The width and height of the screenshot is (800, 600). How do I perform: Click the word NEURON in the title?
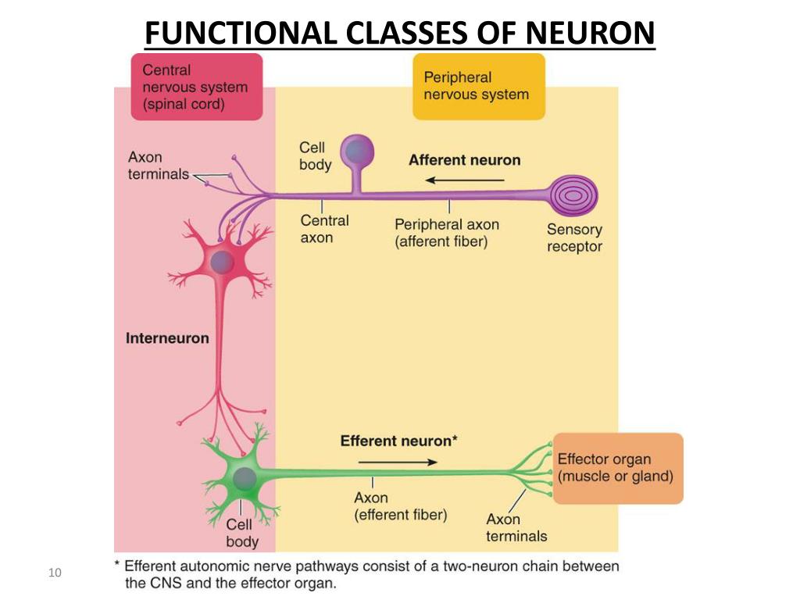(590, 33)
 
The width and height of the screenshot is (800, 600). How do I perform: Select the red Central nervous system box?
(197, 87)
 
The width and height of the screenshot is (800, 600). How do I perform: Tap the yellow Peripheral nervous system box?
(479, 87)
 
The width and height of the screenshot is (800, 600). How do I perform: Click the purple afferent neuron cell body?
(357, 152)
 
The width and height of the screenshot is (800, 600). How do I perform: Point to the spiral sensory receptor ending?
(573, 196)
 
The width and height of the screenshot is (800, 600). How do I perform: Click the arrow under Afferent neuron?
(465, 180)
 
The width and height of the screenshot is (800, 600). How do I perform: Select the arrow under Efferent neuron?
(398, 462)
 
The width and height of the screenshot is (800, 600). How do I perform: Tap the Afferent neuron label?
(465, 160)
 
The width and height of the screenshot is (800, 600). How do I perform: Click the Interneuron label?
(167, 338)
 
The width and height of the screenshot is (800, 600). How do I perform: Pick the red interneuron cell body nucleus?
(222, 263)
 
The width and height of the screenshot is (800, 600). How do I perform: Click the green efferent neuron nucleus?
(245, 479)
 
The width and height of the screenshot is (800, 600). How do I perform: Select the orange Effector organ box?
(618, 469)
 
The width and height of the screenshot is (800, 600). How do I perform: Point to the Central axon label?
(324, 229)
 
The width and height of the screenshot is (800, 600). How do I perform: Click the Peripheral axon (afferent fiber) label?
(447, 233)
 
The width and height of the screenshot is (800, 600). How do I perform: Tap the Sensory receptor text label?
(574, 237)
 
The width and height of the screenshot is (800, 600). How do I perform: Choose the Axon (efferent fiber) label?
(401, 506)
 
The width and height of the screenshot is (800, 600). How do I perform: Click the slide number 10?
(55, 573)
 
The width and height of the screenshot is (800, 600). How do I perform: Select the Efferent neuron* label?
(399, 441)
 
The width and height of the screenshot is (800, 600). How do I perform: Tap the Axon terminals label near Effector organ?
(516, 527)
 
